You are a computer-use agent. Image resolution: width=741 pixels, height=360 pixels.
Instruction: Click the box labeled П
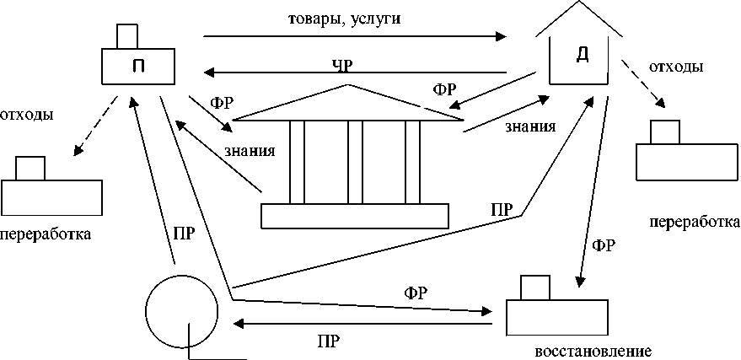coord(138,67)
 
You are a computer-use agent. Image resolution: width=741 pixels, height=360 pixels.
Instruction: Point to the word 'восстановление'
coord(593,350)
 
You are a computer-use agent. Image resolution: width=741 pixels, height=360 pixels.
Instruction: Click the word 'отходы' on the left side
coord(28,114)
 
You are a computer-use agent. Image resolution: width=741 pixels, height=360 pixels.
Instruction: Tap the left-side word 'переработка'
coord(46,233)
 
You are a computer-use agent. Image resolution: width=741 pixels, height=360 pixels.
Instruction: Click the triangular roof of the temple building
coord(353,105)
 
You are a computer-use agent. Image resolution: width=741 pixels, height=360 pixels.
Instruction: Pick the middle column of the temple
coord(354,162)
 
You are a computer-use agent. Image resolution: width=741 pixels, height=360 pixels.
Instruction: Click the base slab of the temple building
coord(353,216)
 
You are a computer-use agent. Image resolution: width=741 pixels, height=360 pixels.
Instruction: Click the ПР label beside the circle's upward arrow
coord(183,233)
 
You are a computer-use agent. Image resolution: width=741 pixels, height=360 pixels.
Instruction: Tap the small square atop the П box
coord(127,36)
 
